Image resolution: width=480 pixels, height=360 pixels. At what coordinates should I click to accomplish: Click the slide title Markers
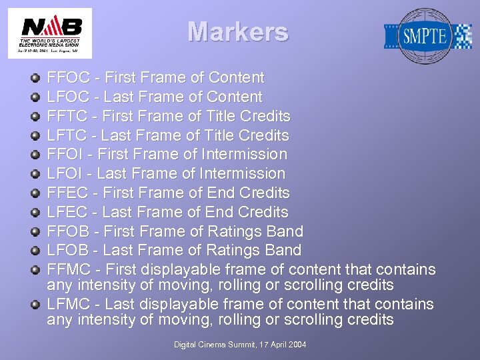(x=237, y=32)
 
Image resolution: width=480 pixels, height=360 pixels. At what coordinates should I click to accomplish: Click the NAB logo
(x=51, y=33)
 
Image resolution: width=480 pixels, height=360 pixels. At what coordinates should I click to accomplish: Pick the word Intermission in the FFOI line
(x=246, y=155)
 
